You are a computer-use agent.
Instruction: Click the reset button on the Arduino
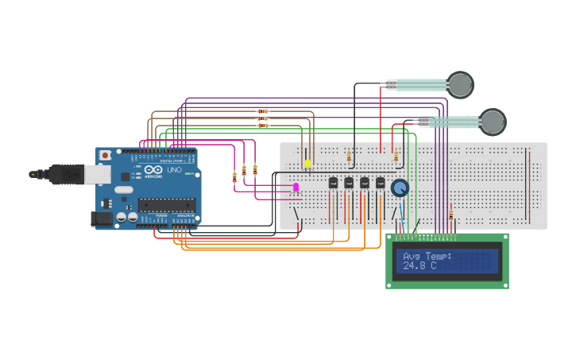coord(105,156)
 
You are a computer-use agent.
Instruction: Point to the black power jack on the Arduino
coord(101,218)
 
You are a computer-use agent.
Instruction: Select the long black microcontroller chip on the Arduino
coord(166,205)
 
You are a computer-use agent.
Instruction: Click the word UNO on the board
coord(175,170)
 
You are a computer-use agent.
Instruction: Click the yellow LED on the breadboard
coord(307,164)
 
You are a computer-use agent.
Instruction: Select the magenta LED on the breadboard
coord(296,188)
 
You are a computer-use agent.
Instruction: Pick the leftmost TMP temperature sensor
coord(333,183)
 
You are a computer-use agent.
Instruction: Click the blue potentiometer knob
coord(400,188)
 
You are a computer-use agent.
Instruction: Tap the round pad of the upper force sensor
coord(459,84)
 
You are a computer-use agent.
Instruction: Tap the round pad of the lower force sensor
coord(493,122)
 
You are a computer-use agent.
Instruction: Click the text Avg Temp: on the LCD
coord(427,256)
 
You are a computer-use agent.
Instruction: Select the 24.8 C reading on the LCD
coord(419,265)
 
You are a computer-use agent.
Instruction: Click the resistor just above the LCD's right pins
coord(451,215)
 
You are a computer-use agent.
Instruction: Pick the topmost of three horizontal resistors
coord(263,111)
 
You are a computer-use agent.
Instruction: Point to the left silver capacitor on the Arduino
coord(122,216)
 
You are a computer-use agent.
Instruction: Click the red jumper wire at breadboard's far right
coord(529,183)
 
